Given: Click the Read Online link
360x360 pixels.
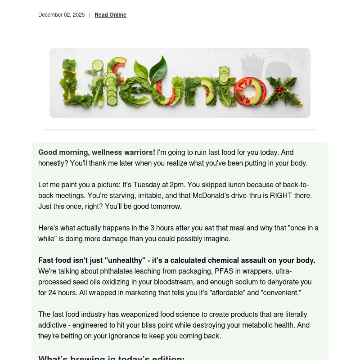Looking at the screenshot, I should click(110, 15).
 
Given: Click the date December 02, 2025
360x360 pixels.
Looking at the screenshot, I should click(61, 15).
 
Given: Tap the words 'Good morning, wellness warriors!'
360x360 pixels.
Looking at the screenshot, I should click(97, 153).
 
